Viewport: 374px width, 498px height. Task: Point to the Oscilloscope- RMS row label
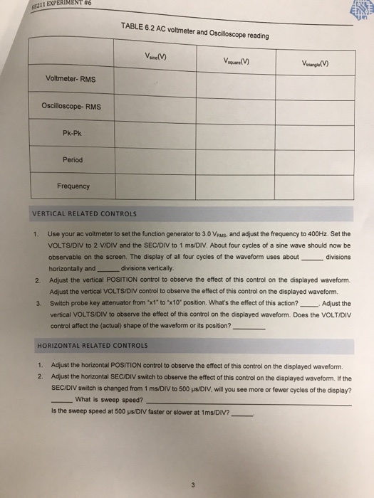[71, 107]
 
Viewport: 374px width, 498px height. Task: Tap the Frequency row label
[73, 186]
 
